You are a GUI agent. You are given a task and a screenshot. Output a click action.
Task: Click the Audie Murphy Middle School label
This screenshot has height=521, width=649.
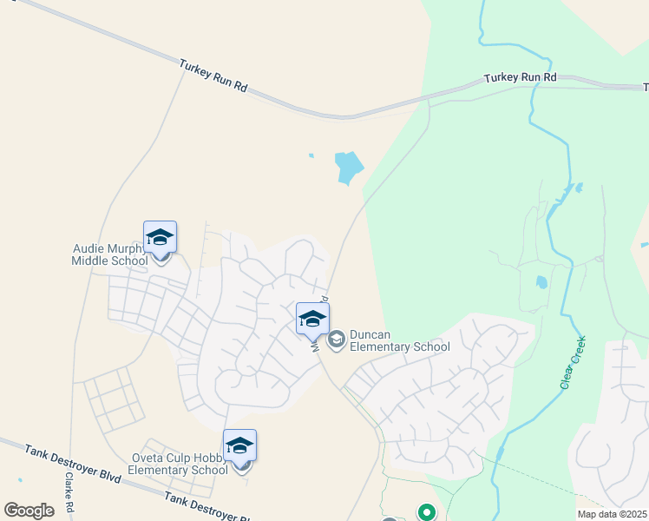point(109,254)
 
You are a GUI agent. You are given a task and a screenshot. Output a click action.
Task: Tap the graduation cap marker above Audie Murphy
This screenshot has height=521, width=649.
point(160,237)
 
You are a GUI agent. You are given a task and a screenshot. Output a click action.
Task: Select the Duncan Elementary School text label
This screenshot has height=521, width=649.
point(400,341)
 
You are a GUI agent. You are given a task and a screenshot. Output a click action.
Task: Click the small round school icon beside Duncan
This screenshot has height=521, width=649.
point(337,336)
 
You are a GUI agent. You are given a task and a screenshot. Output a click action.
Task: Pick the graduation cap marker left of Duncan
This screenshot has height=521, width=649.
point(312,319)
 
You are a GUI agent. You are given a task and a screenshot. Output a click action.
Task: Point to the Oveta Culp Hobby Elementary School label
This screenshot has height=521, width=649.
point(178,464)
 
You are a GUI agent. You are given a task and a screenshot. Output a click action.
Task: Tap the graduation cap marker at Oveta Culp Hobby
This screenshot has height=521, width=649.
point(239,445)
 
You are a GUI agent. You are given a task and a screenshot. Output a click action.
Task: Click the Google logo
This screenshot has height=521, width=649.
point(29,511)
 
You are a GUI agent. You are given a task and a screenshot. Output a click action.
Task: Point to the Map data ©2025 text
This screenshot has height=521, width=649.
point(612,514)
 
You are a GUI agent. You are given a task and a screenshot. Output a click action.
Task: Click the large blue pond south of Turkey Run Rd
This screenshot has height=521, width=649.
point(348,166)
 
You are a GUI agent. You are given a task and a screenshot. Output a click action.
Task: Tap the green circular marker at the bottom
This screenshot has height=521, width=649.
point(426,513)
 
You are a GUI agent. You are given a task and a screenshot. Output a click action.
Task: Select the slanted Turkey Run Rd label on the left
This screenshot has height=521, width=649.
point(213,76)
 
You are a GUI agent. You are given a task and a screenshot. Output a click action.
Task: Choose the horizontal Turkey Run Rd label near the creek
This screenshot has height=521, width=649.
point(520,77)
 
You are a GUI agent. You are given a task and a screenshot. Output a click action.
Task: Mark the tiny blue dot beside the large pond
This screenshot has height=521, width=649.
point(311,156)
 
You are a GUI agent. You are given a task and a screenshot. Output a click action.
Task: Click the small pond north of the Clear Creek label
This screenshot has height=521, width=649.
point(541,282)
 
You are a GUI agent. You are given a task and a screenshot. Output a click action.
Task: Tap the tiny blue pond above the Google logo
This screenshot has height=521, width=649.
point(19,479)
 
